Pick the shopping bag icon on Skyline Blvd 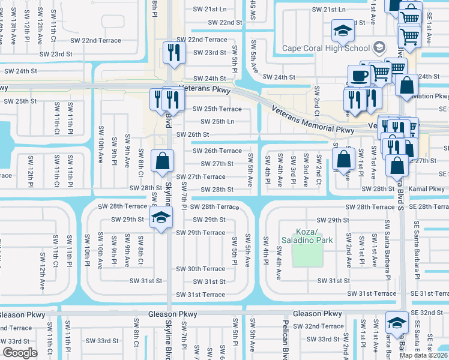[161, 160]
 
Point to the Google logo [20, 353]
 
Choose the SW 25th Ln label [212, 122]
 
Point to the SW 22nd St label [224, 22]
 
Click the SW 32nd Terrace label [324, 326]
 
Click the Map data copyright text [424, 355]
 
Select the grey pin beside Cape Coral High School [379, 47]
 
